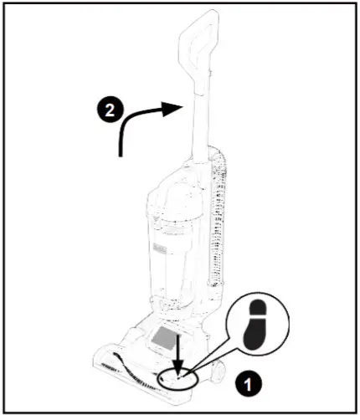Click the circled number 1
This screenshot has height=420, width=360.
[x=247, y=387]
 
